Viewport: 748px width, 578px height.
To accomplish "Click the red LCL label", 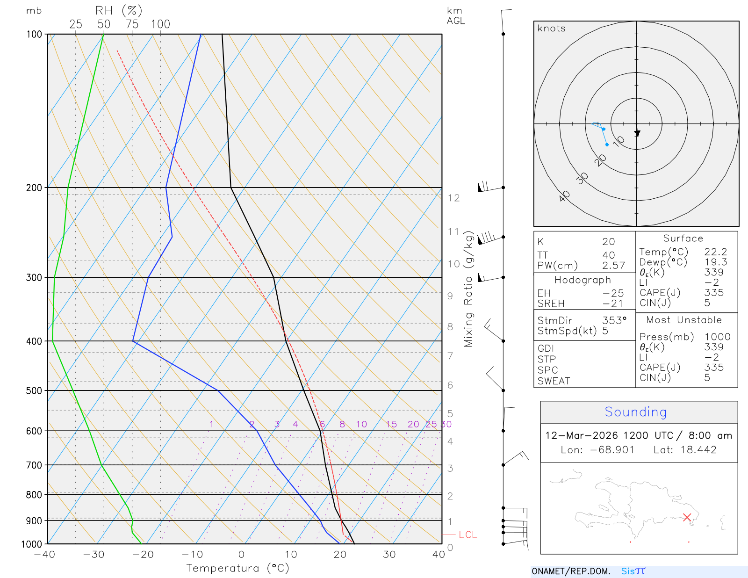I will coord(467,535).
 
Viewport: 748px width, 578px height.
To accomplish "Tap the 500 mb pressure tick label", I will coord(34,391).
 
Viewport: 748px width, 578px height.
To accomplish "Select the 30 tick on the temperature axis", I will coord(389,555).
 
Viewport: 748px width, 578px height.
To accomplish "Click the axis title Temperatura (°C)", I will coord(237,568).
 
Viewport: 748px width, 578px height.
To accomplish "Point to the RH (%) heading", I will coord(118,11).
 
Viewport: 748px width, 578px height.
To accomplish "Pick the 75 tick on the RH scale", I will coord(132,24).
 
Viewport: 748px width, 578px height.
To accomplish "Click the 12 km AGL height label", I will coord(453,198).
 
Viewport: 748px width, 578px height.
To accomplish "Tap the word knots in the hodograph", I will coord(551,29).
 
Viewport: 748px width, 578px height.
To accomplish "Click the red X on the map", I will coord(687,517).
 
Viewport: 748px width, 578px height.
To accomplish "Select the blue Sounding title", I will coord(635,412).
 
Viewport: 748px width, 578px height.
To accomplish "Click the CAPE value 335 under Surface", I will coord(714,293).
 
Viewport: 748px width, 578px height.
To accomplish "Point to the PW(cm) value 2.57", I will coord(613,266).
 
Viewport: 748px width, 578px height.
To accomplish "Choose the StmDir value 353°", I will coord(614,321).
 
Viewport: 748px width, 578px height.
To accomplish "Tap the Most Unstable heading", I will coord(684,320).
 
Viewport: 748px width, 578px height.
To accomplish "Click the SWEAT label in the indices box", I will coord(554,381).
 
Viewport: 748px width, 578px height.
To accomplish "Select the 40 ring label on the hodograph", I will coord(564,196).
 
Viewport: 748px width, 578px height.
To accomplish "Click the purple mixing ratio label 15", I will coord(391,424).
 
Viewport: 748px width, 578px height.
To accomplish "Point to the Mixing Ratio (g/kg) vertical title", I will coord(468,289).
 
